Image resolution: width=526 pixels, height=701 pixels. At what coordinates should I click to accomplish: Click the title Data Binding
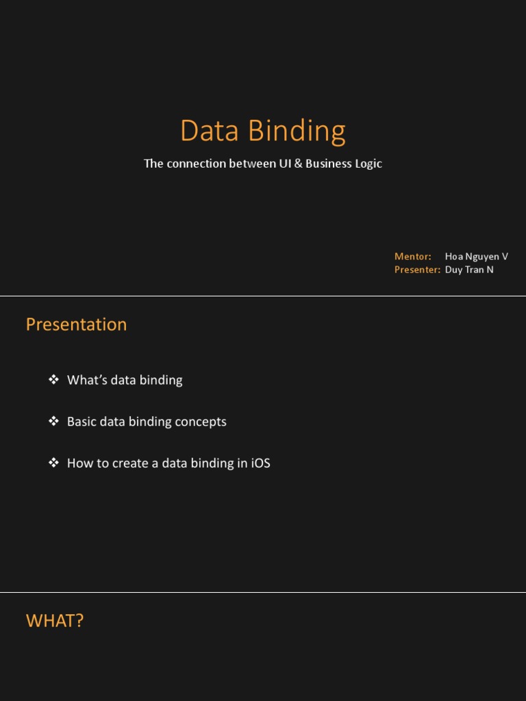262,131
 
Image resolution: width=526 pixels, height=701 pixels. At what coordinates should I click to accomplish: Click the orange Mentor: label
412,257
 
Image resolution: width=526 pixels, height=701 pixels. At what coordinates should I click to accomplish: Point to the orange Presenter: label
417,270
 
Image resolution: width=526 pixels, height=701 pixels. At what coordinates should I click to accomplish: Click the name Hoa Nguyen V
476,257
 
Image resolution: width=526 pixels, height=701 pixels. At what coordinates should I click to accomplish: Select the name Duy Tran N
469,270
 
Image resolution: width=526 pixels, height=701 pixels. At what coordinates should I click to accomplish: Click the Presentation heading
76,324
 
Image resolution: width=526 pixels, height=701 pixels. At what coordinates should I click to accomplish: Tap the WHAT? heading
55,621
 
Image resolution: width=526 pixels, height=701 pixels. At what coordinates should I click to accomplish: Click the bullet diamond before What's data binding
53,379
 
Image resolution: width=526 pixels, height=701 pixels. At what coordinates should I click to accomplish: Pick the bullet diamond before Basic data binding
53,421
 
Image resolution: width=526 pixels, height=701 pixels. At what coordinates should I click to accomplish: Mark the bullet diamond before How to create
53,463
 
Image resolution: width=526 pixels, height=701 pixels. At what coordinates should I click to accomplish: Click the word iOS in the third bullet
260,463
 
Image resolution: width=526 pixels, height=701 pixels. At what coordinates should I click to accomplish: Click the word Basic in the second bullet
82,422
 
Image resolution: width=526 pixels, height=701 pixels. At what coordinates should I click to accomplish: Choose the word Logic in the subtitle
367,164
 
